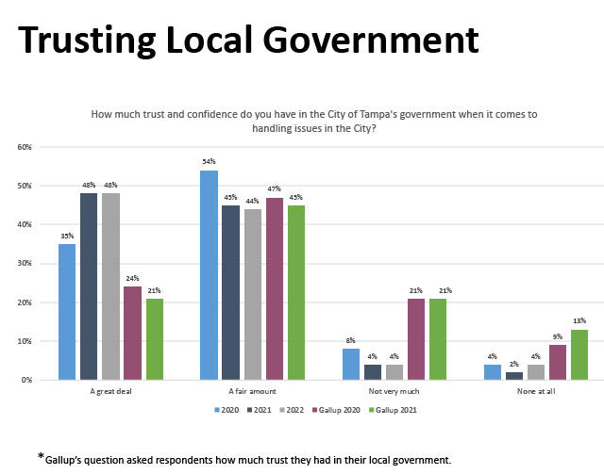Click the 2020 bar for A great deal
point(67,312)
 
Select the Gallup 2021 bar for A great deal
point(154,339)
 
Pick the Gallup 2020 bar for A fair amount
point(274,288)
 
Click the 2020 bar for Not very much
point(350,364)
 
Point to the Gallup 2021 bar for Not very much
point(437,339)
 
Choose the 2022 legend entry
point(289,411)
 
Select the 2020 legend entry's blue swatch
point(217,411)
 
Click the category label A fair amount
point(252,391)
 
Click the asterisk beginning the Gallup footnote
point(42,457)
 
